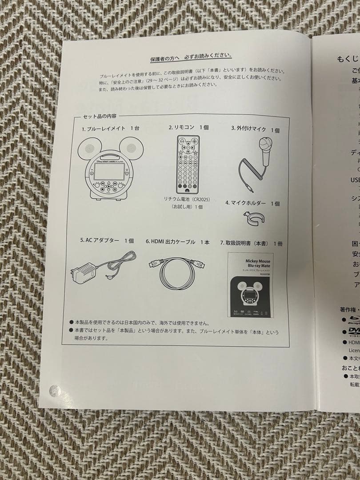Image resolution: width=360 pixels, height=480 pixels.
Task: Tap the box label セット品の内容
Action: point(100,117)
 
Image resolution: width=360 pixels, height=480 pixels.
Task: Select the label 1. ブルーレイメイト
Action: point(110,128)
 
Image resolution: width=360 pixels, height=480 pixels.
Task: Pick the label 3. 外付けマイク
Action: point(255,129)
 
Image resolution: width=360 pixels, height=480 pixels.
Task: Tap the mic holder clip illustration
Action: point(253,218)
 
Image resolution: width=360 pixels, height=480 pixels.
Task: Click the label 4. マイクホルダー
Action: point(252,203)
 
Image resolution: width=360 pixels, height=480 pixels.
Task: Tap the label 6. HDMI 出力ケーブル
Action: point(177,242)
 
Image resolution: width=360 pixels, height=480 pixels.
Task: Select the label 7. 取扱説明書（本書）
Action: point(251,244)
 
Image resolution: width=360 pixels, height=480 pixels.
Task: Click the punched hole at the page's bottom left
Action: point(55,390)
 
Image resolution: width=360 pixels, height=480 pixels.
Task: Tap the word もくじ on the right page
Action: point(347,59)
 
